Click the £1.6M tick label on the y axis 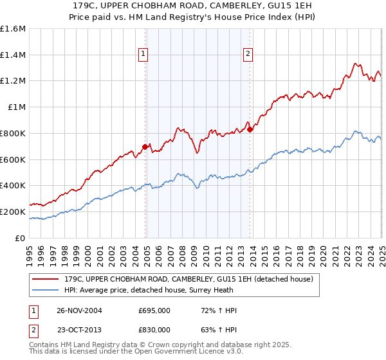[x=13, y=29]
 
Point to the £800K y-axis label [x=13, y=133]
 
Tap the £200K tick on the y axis [x=13, y=212]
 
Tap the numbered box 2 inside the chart [x=248, y=55]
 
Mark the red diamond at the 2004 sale [x=145, y=147]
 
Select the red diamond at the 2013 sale [x=250, y=129]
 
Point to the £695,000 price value [x=154, y=310]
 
